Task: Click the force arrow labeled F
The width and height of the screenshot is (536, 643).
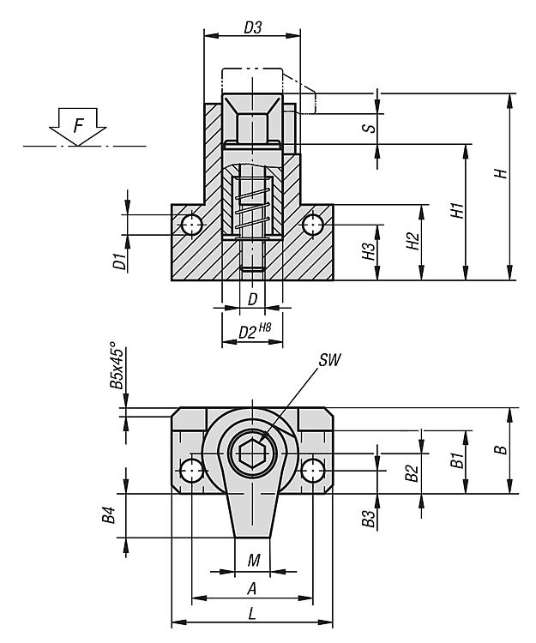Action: click(x=77, y=126)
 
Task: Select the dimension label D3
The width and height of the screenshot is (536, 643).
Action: click(x=252, y=27)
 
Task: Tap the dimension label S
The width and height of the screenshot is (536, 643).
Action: click(x=367, y=129)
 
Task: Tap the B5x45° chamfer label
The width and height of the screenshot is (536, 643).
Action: click(x=117, y=370)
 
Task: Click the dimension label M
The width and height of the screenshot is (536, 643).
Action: click(x=253, y=561)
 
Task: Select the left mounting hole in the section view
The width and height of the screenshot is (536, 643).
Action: click(x=191, y=225)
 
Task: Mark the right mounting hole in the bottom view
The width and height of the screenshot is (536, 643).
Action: click(x=313, y=470)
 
